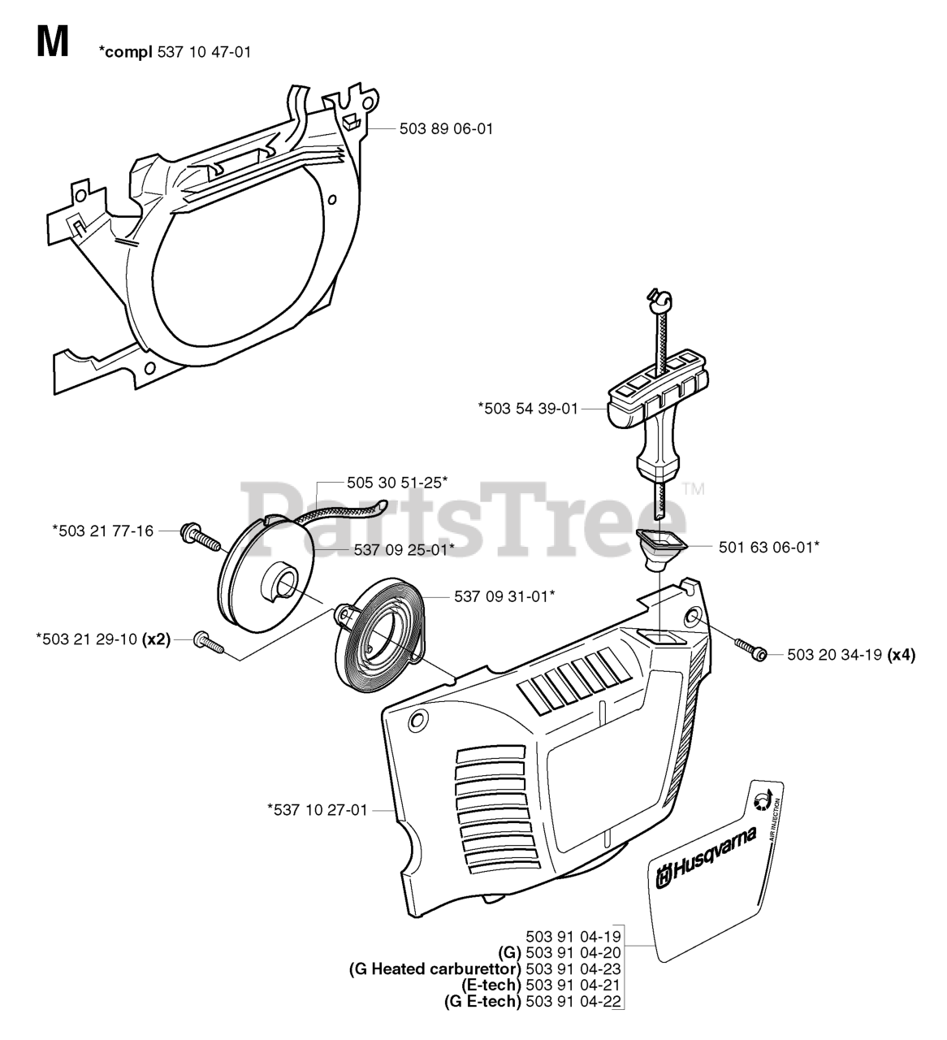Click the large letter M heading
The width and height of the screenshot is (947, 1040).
[53, 41]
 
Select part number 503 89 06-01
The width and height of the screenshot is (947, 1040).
[445, 128]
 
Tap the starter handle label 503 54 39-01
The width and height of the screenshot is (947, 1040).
[528, 409]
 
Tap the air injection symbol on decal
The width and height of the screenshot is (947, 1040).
[762, 800]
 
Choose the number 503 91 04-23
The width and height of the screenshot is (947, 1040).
[573, 968]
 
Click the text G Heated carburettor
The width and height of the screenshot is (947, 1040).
[435, 968]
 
